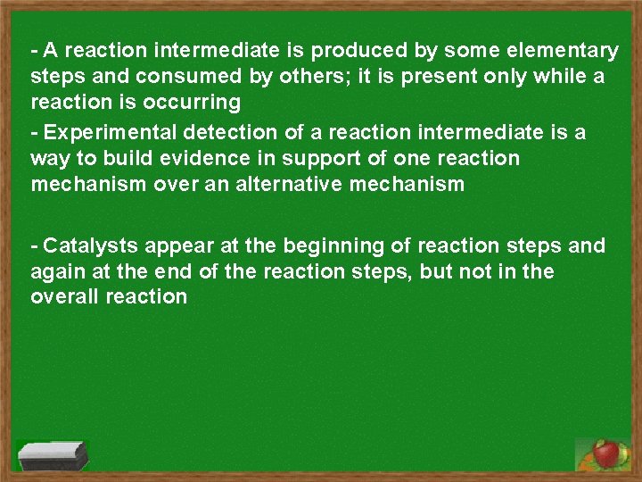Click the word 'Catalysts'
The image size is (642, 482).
click(86, 245)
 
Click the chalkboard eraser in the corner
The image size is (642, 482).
click(53, 455)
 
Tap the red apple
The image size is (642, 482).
click(607, 453)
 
